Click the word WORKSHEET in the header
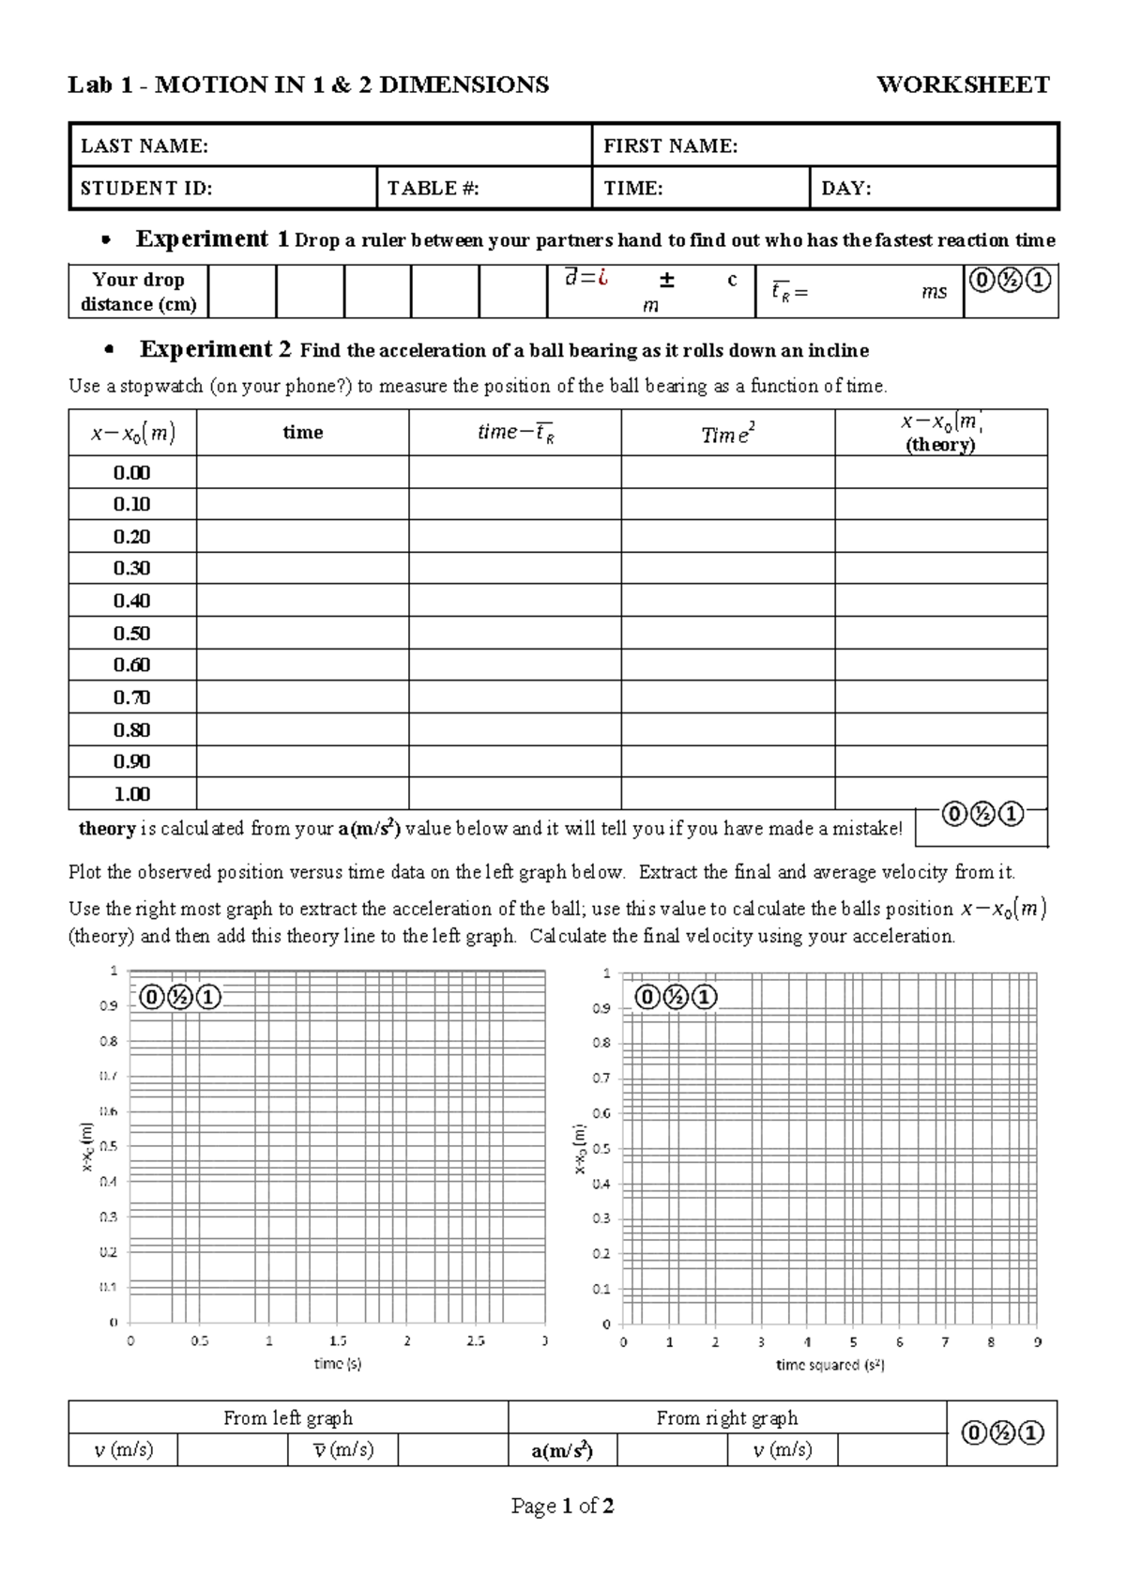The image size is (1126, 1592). (962, 85)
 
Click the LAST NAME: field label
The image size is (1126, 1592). (144, 145)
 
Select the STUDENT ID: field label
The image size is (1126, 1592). (145, 188)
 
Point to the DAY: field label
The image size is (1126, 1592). (845, 188)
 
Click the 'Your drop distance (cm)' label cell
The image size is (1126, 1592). (139, 291)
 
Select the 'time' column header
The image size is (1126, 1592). (302, 433)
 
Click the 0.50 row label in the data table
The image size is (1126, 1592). (131, 633)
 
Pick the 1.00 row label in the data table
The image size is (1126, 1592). (131, 794)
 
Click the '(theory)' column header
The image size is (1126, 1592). (940, 444)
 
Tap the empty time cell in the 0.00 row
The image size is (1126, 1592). (302, 472)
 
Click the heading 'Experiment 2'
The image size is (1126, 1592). (215, 349)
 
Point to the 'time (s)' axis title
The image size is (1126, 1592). (337, 1364)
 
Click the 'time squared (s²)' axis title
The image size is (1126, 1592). (829, 1365)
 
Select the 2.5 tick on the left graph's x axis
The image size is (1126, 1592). (476, 1341)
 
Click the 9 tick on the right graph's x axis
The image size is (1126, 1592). (1037, 1342)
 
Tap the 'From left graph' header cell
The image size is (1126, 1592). (287, 1417)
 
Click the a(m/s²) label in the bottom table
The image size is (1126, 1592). (561, 1450)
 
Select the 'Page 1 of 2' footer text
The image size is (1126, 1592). (562, 1507)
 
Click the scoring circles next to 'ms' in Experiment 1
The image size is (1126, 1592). (1010, 280)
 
